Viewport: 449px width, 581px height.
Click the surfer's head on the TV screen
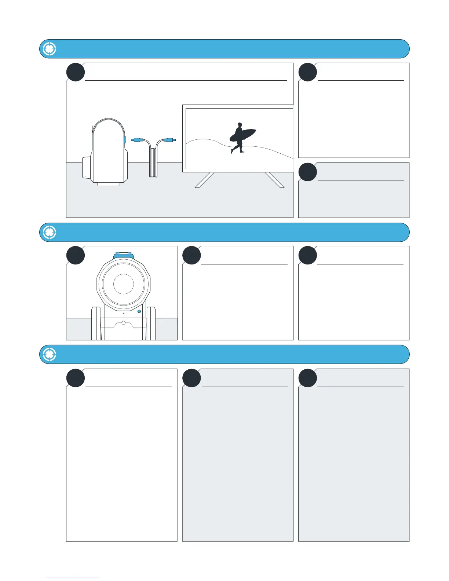(240, 125)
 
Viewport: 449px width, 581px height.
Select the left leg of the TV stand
(205, 180)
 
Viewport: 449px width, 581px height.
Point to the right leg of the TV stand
(274, 180)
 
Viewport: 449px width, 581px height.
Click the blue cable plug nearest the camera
(137, 140)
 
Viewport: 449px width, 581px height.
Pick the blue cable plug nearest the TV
(169, 140)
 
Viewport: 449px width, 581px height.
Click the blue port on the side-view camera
(125, 140)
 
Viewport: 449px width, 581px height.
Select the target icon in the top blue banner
(49, 49)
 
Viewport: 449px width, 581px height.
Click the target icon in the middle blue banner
(49, 232)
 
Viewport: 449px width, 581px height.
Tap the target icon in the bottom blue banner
(49, 354)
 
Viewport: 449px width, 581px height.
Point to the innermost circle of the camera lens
(124, 284)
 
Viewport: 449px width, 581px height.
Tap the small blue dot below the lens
(139, 311)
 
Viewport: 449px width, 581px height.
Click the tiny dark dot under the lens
(124, 314)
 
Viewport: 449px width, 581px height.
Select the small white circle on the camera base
(124, 323)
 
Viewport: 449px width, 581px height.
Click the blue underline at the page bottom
(73, 578)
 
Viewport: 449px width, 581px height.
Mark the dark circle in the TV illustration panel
(76, 72)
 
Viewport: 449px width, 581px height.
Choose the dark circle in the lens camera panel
(76, 255)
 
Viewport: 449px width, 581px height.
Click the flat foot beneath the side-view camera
(109, 184)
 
